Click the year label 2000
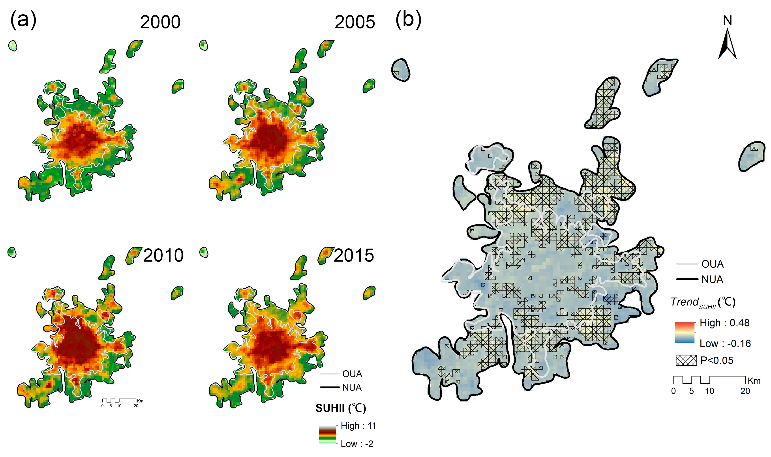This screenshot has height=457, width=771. click(x=160, y=22)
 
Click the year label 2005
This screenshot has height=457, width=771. click(x=355, y=22)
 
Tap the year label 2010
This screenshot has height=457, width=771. click(x=163, y=256)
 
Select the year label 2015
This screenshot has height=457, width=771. click(x=354, y=256)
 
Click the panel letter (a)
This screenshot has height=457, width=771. click(x=23, y=20)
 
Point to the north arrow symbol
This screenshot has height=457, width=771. click(x=727, y=45)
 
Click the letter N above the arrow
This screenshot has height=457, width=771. click(x=727, y=21)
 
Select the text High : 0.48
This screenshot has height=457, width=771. click(x=724, y=323)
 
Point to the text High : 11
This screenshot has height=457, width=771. click(x=358, y=426)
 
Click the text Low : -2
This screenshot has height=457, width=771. click(x=357, y=444)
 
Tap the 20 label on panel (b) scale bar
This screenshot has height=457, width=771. click(x=745, y=391)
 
